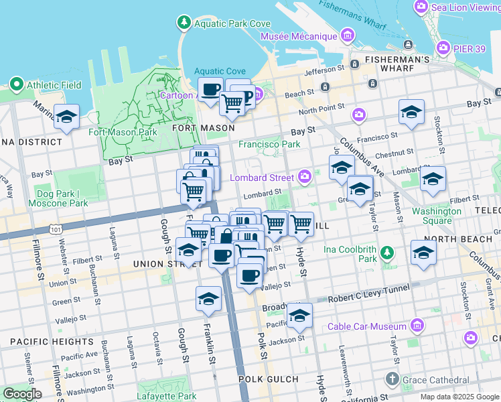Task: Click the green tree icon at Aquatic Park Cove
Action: [184, 23]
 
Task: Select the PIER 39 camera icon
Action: [443, 48]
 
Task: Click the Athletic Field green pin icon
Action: [17, 85]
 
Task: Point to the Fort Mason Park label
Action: [123, 132]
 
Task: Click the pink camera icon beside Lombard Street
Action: [305, 177]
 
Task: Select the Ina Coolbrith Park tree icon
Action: [386, 253]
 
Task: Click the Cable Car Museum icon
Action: [417, 326]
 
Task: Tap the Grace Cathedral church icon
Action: [393, 380]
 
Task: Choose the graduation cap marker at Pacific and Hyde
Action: [299, 316]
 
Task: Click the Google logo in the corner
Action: [22, 394]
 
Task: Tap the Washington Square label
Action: [436, 216]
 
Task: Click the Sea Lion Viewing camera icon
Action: [421, 7]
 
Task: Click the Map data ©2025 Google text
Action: [459, 397]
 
